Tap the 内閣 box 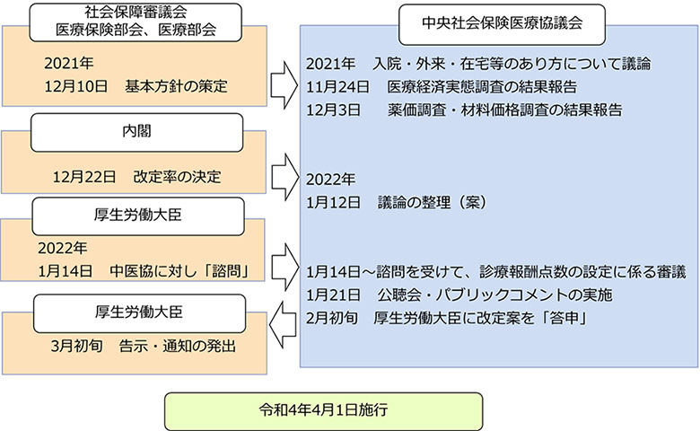click(x=137, y=132)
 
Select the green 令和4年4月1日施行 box click(x=323, y=411)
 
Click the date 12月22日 click(x=83, y=176)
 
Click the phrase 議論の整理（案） click(x=432, y=203)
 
